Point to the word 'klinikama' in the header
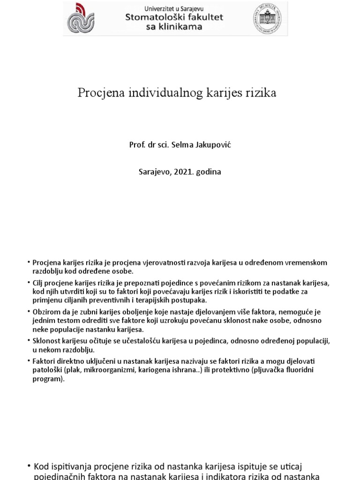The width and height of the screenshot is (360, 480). pos(181,27)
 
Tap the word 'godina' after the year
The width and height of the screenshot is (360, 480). pos(209,172)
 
